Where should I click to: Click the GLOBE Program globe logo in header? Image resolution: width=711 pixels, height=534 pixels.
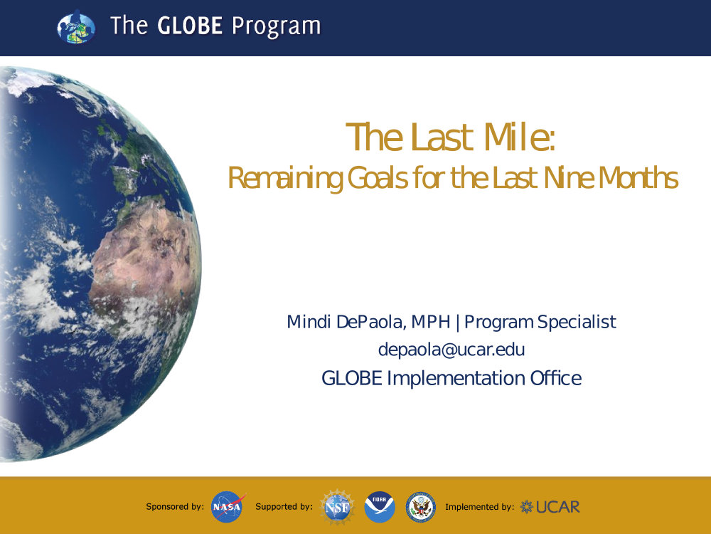tap(76, 27)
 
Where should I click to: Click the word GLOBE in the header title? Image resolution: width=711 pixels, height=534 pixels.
tap(190, 26)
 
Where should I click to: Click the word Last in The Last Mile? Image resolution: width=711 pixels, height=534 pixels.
tap(442, 137)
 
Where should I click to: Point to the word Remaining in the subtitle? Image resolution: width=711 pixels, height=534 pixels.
tap(285, 178)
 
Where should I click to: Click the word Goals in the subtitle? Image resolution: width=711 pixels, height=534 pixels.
tap(378, 177)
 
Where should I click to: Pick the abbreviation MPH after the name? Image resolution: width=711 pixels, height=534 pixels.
tap(431, 322)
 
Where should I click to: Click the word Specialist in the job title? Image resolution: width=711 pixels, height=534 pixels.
tap(577, 323)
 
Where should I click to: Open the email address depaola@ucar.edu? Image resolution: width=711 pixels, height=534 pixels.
tap(451, 350)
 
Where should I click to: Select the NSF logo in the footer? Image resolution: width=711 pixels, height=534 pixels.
tap(337, 507)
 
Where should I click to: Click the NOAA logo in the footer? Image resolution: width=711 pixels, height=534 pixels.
tap(380, 507)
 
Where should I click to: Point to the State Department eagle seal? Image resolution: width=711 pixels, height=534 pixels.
tap(421, 507)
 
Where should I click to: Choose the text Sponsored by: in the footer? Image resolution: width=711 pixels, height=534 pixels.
tap(175, 507)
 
